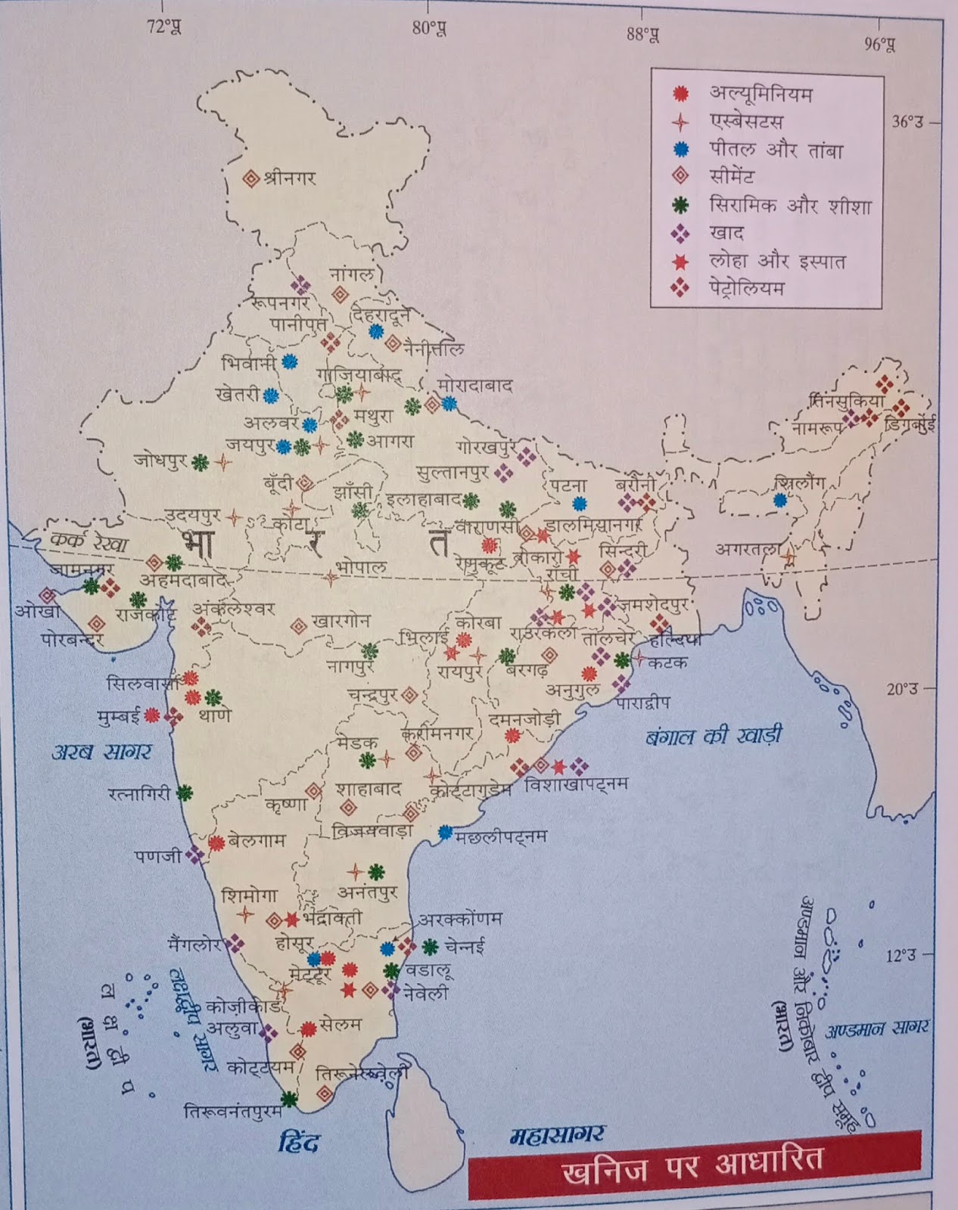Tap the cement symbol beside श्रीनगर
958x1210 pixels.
pos(250,179)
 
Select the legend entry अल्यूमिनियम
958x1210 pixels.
pos(760,94)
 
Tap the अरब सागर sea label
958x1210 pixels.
pos(101,751)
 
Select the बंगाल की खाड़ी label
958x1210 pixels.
pos(714,735)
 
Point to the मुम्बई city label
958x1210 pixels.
pos(118,715)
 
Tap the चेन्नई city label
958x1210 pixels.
pos(464,945)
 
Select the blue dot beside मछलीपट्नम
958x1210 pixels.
pos(445,832)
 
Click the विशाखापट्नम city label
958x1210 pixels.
pos(577,785)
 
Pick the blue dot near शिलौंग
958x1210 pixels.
pos(779,500)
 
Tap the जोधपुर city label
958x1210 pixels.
pos(160,460)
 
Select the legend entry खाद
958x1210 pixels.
pos(726,233)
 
